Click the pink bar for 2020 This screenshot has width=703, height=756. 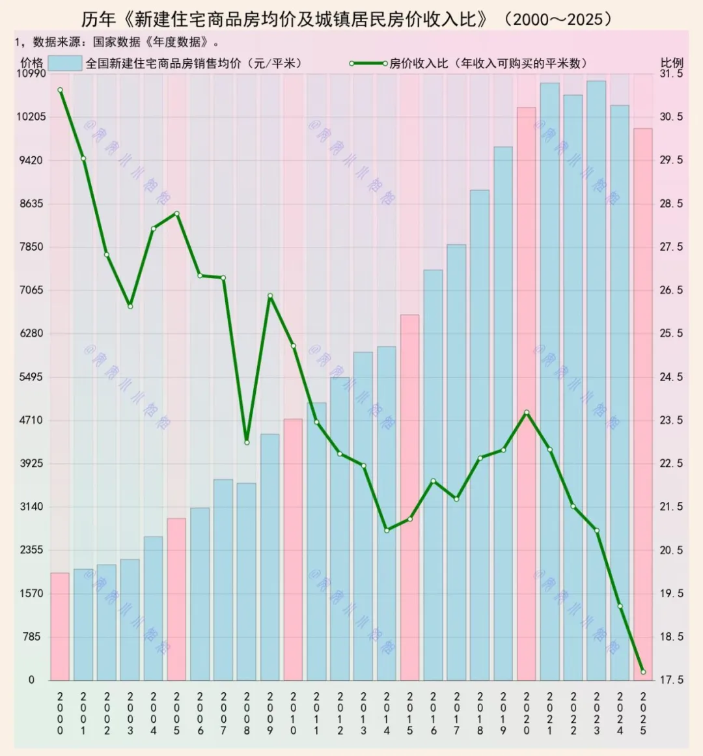click(527, 393)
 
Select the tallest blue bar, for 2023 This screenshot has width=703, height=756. click(596, 380)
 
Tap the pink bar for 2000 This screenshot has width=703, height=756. click(60, 626)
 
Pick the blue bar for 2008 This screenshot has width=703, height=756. click(247, 581)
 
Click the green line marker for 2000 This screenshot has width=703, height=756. click(60, 91)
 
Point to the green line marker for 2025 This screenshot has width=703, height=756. click(643, 672)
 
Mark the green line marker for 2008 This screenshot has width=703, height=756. click(247, 443)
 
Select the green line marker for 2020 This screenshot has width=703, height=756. click(527, 413)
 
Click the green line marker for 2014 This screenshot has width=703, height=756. click(387, 531)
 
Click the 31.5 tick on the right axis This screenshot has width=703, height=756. click(672, 74)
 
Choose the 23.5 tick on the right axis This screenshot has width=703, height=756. click(672, 420)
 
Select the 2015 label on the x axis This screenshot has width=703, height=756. click(410, 713)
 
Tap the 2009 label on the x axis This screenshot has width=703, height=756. click(270, 713)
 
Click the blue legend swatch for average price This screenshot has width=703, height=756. click(65, 63)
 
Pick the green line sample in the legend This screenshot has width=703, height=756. click(368, 63)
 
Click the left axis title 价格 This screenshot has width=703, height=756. click(32, 63)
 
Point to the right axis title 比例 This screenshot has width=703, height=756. click(672, 63)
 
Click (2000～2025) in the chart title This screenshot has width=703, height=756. click(558, 19)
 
